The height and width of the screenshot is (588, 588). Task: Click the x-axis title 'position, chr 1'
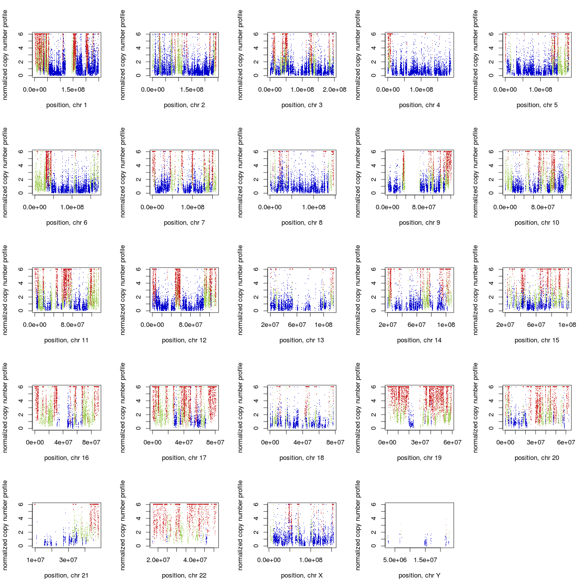pos(66,105)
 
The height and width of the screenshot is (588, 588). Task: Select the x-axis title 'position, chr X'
pos(301,576)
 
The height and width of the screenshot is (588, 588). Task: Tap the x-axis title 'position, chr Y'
pos(419,576)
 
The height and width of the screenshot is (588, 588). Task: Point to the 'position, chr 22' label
pos(184,576)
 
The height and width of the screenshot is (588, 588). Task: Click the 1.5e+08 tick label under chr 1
pos(74,90)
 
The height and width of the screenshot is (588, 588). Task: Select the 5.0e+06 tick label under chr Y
pos(395,560)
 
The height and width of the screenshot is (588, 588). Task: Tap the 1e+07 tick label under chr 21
pos(35,560)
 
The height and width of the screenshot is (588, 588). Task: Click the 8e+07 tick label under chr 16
pos(91,442)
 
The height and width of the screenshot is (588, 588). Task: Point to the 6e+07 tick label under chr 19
pos(452,442)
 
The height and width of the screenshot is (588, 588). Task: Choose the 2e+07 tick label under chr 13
pos(270,325)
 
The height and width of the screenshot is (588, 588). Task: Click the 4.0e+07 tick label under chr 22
pos(195,560)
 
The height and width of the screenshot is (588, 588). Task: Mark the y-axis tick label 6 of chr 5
pos(491,34)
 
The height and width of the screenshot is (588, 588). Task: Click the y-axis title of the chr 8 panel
pos(240,172)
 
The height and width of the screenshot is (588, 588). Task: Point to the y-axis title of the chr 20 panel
pos(475,408)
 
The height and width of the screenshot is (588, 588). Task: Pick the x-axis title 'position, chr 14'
pos(419,340)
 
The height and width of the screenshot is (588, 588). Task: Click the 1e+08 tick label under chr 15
pos(567,325)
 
